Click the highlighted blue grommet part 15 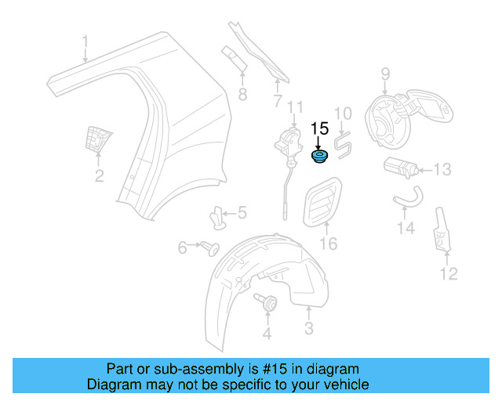(x=319, y=159)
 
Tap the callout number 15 (x=320, y=130)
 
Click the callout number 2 (x=99, y=176)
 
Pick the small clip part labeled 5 (x=220, y=215)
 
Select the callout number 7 (x=277, y=101)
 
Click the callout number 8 (x=242, y=95)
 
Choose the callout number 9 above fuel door (x=385, y=74)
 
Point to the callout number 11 (x=294, y=107)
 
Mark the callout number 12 (x=448, y=273)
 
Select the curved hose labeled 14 (x=406, y=196)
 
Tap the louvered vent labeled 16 (x=322, y=202)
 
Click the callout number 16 (x=328, y=244)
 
